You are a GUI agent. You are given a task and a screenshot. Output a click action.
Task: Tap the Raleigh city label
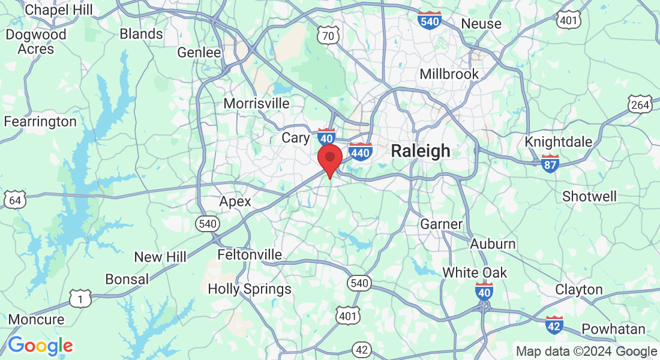click(x=420, y=151)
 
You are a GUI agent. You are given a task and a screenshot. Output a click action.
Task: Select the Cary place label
click(x=296, y=137)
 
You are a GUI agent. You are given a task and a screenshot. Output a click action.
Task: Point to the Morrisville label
click(x=256, y=103)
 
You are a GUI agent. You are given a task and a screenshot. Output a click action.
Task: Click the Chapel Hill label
click(x=59, y=10)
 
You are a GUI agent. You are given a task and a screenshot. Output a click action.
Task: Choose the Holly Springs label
click(x=250, y=289)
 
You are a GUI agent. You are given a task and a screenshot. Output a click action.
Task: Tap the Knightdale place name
click(x=558, y=142)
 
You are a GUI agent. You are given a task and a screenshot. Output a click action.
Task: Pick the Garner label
click(x=441, y=224)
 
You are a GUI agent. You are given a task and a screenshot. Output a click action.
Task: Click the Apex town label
click(x=235, y=201)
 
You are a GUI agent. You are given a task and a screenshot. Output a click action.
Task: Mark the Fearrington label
click(x=40, y=122)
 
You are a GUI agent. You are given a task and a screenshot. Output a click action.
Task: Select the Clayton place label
click(x=578, y=289)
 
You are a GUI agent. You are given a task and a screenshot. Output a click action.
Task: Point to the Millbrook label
click(x=449, y=74)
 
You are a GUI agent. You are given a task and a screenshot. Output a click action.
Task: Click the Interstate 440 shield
click(x=360, y=152)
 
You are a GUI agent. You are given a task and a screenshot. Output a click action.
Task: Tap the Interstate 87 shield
click(x=550, y=163)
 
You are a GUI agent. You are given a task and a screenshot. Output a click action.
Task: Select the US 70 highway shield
click(x=328, y=36)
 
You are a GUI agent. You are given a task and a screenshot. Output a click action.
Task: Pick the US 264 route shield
click(x=640, y=104)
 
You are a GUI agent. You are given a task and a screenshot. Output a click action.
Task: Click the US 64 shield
click(x=14, y=200)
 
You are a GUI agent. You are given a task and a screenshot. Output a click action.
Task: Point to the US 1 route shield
click(x=80, y=298)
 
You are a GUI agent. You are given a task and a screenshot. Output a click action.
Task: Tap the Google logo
click(x=40, y=346)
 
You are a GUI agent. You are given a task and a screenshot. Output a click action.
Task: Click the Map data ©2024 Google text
click(x=586, y=352)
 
